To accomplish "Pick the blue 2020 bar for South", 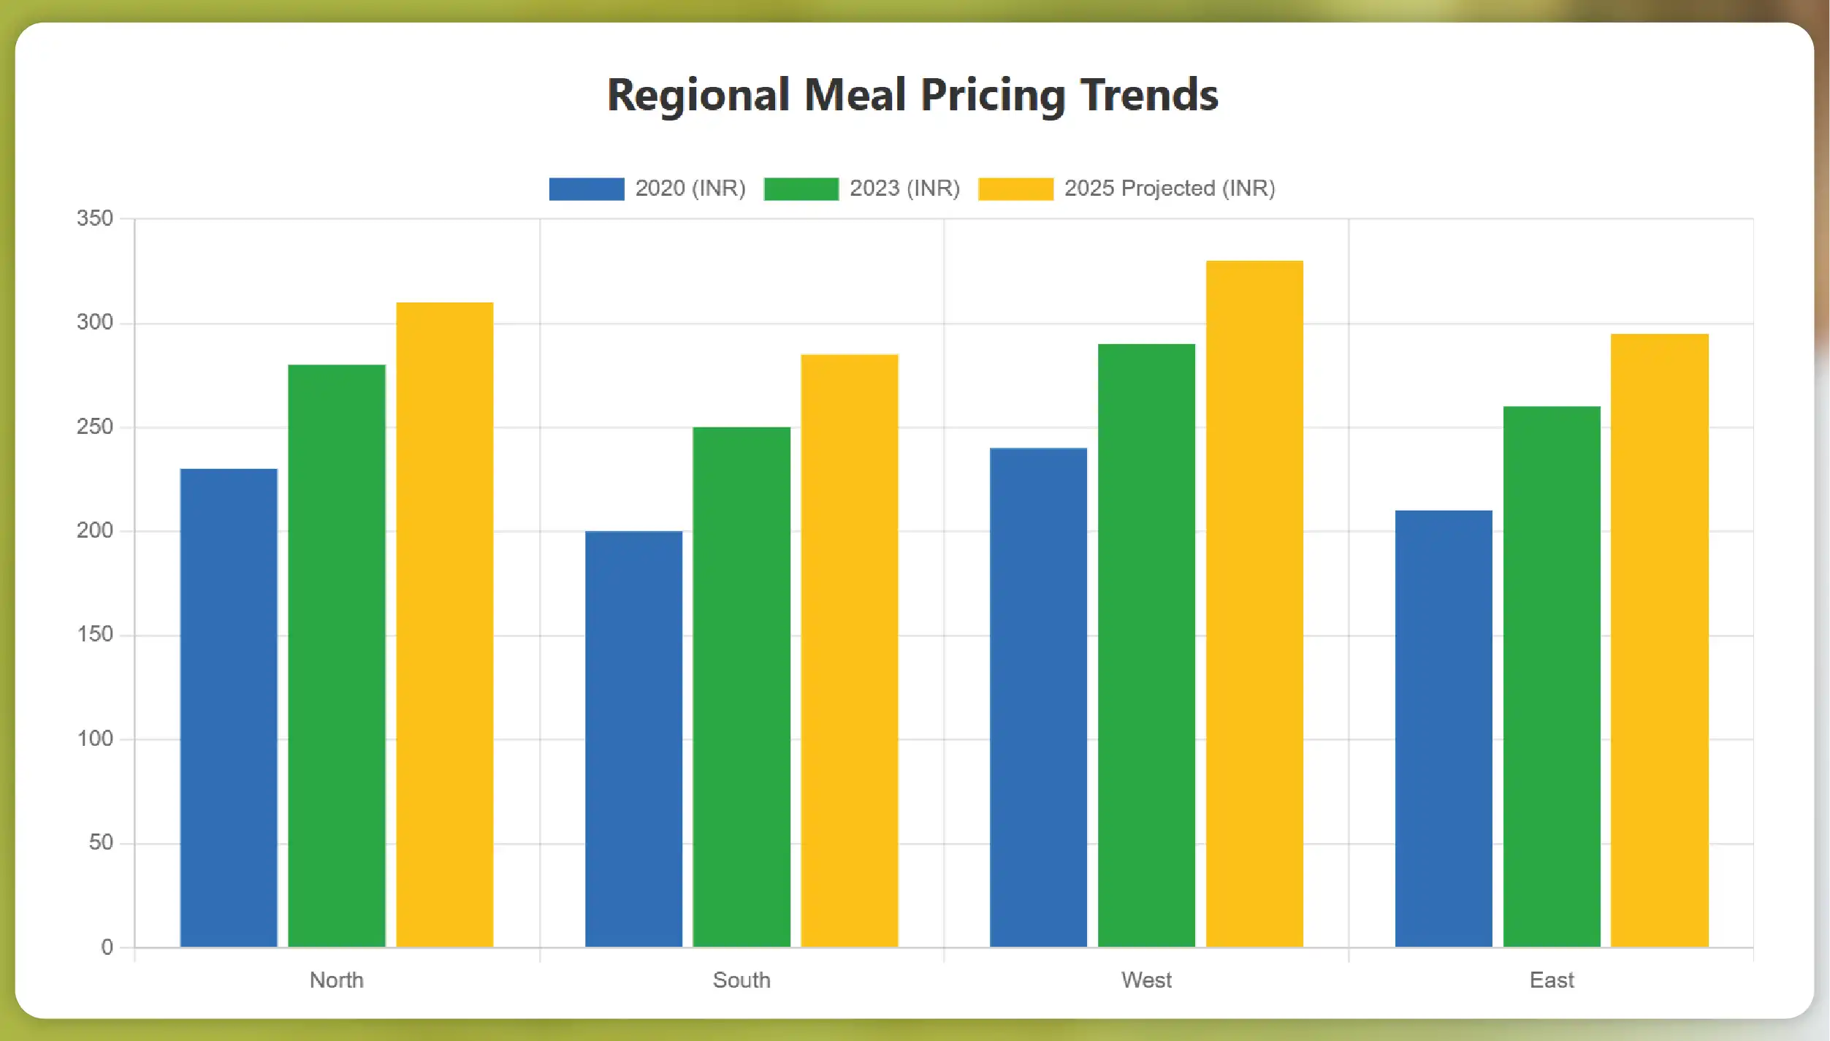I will pos(633,739).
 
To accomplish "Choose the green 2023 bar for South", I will pos(741,687).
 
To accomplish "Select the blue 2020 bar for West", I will pos(1038,697).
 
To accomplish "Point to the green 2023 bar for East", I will pos(1552,676).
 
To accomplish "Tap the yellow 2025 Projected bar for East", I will pos(1660,640).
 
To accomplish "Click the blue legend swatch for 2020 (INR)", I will pos(587,188).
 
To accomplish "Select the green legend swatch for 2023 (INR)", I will pos(801,188).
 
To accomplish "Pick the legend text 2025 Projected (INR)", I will pos(1170,188).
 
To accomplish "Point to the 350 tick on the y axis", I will pos(95,218).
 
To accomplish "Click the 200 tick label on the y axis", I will pos(95,530).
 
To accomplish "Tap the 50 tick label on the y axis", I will pos(101,842).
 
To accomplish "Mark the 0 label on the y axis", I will pos(107,947).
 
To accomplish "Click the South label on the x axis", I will pos(741,980).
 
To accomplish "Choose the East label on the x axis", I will pos(1552,980).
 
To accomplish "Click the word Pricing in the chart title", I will pos(993,95).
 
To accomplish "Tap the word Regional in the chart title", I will pos(698,95).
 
